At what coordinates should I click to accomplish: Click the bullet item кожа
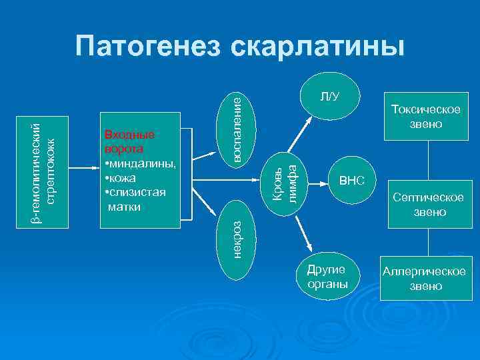(x=121, y=178)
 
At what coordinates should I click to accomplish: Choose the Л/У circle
(x=329, y=97)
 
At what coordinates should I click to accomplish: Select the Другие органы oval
(x=327, y=277)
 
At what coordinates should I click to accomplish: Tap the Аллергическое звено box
(x=423, y=279)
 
